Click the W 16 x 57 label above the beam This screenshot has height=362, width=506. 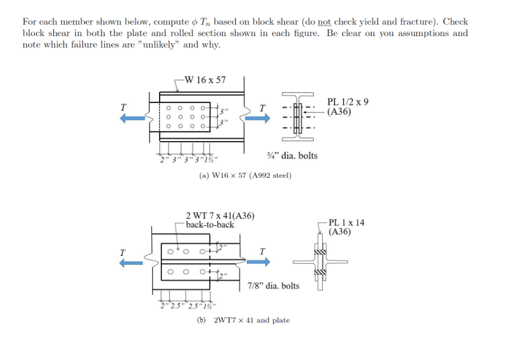(205, 80)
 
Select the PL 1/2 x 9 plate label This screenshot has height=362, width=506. (348, 102)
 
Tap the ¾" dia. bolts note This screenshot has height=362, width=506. (292, 156)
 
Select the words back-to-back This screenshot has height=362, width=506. (210, 225)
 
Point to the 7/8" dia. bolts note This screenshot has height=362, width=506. (273, 286)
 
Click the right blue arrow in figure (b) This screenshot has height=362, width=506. (259, 261)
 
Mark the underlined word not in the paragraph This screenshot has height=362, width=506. (323, 22)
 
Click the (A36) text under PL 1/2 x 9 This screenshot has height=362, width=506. (340, 111)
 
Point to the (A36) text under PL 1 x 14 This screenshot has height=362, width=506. (340, 232)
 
